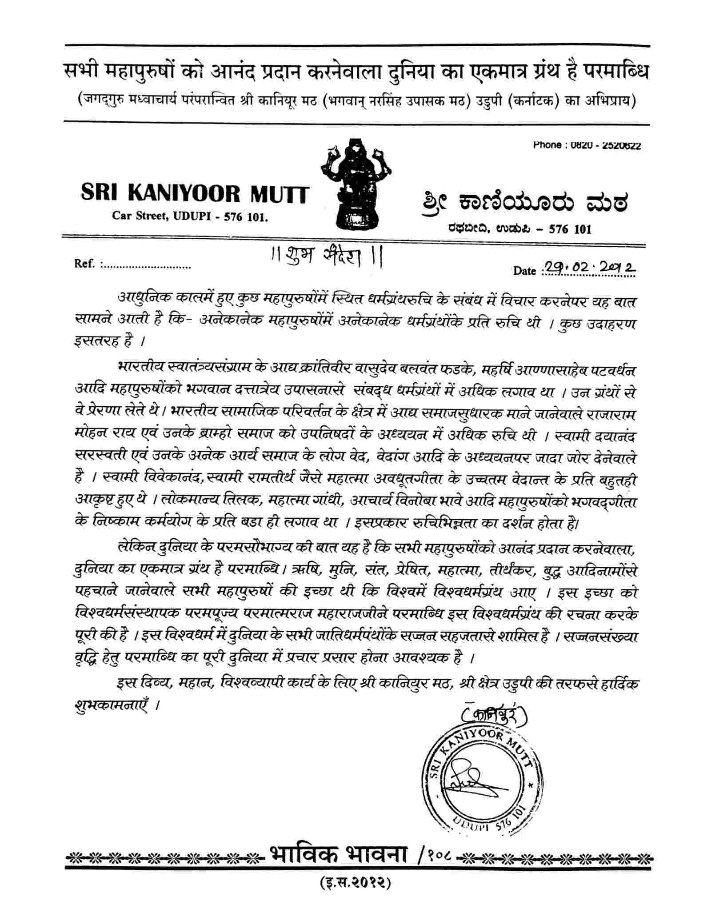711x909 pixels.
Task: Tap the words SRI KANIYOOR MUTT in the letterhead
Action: coord(195,194)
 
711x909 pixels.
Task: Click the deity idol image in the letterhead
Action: coord(356,183)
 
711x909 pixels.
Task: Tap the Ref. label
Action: coord(84,264)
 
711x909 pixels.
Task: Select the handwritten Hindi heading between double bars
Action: coord(327,257)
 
